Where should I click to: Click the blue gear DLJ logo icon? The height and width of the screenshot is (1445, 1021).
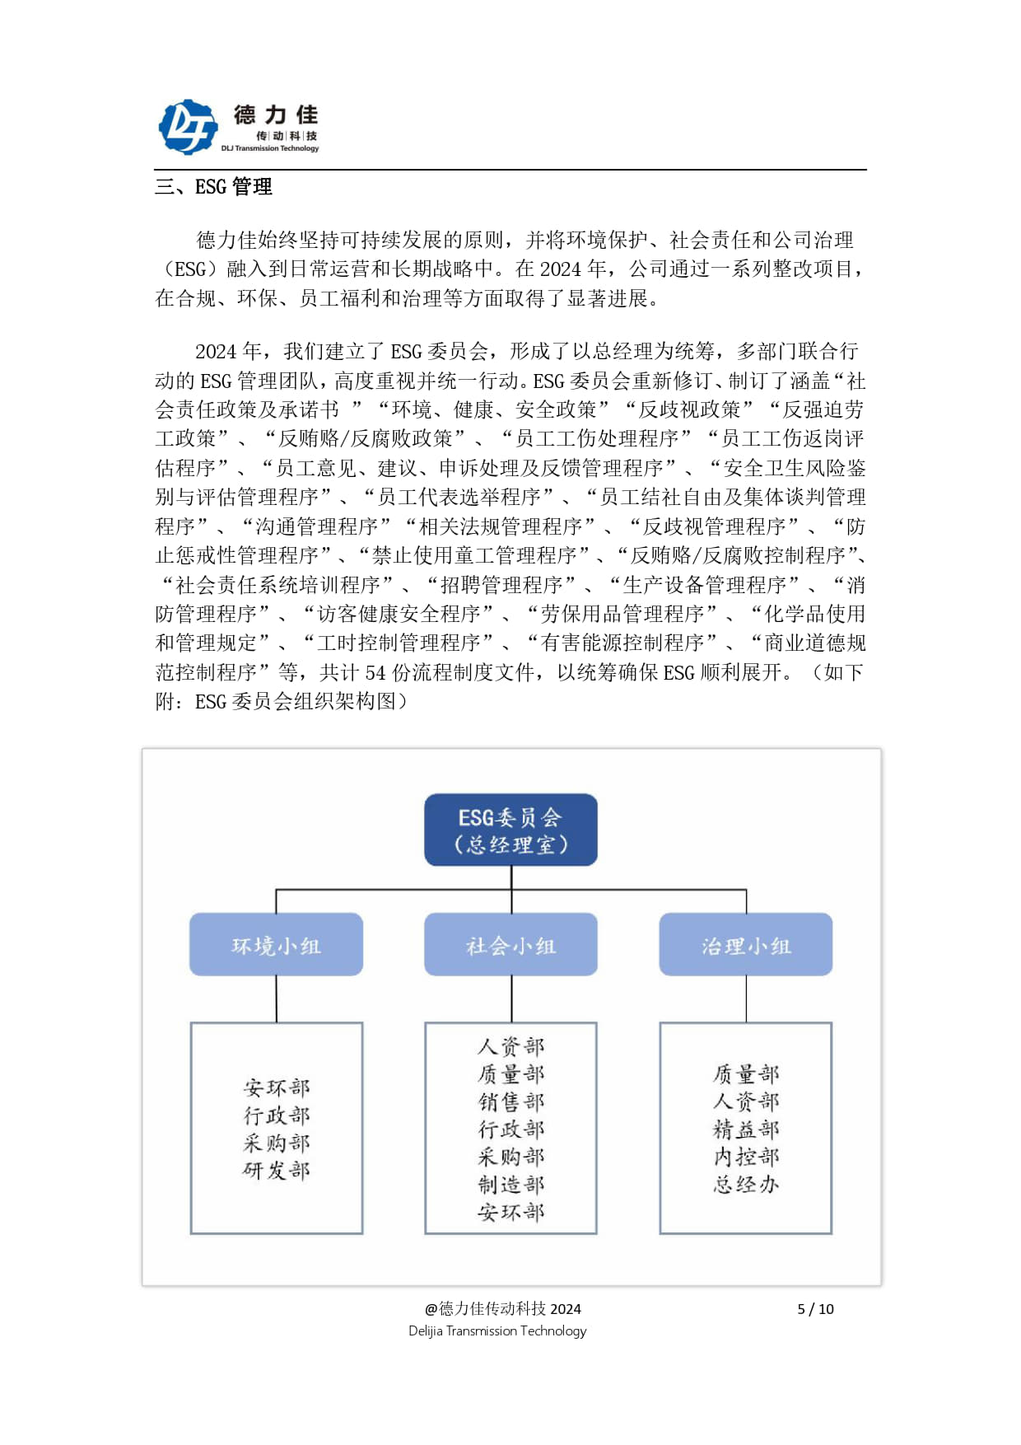[188, 127]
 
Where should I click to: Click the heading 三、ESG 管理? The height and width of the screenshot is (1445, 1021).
[213, 187]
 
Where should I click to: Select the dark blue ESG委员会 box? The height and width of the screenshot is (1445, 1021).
[510, 830]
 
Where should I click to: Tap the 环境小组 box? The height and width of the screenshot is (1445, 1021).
[276, 945]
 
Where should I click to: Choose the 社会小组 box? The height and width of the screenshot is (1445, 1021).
[510, 945]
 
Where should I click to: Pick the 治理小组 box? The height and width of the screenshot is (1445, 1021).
[745, 945]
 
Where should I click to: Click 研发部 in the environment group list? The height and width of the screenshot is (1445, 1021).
[277, 1171]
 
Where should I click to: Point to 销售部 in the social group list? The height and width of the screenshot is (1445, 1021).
[510, 1101]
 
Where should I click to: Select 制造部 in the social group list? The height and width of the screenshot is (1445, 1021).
[510, 1185]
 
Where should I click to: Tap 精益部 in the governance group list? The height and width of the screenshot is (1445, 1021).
[746, 1129]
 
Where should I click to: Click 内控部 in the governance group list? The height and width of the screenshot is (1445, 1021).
[746, 1157]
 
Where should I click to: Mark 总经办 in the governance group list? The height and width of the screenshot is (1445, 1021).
[746, 1185]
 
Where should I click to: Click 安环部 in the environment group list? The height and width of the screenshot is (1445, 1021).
[277, 1087]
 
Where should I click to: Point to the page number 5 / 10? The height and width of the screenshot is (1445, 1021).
[815, 1309]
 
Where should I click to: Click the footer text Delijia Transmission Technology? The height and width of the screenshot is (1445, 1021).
[497, 1331]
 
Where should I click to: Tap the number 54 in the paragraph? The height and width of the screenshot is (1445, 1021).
[375, 673]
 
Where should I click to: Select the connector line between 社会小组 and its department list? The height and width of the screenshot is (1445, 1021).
[511, 998]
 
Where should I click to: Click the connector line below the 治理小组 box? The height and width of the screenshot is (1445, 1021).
[746, 998]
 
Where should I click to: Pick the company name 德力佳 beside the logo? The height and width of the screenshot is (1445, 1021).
[275, 115]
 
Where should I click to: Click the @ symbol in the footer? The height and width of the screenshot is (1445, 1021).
[431, 1309]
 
